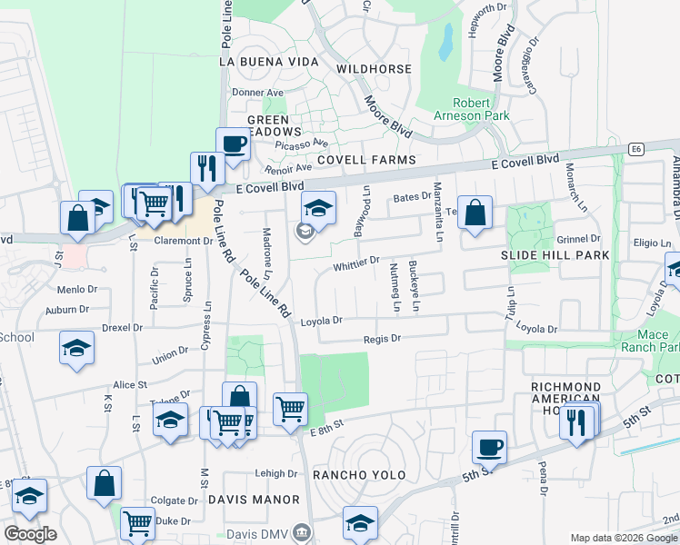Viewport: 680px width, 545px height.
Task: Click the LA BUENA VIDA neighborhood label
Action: tap(269, 62)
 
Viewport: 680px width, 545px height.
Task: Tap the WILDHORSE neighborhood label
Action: tap(374, 69)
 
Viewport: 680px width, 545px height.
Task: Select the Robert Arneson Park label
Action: tap(482, 109)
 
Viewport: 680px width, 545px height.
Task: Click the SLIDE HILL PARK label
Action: tap(555, 256)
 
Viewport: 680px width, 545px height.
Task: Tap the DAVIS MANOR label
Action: tap(254, 500)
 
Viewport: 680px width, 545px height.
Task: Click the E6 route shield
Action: tap(636, 148)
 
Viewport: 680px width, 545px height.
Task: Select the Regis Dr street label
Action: tap(382, 338)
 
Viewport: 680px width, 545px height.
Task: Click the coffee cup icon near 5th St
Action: tap(489, 446)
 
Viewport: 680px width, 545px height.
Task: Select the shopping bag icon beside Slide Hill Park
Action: tap(475, 213)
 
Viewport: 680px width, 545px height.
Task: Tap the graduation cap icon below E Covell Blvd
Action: tap(318, 208)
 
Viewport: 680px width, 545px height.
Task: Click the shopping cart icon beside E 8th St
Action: tap(290, 409)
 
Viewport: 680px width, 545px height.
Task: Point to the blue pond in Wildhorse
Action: tap(446, 41)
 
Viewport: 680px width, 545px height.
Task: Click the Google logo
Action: tap(30, 533)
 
